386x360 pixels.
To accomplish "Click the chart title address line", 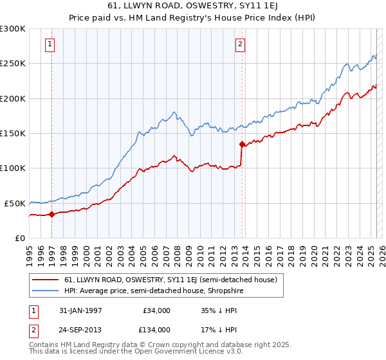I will (193, 6).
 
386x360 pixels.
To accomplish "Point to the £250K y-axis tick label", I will (13, 64).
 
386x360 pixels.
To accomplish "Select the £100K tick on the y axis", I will (13, 168).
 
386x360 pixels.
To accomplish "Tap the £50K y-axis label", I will (15, 203).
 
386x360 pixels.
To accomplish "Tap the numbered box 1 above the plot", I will (50, 44).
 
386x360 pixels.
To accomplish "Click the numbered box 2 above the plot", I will (240, 44).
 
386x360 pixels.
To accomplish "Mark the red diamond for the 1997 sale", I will (52, 215).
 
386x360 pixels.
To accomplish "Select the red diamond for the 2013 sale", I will (242, 145).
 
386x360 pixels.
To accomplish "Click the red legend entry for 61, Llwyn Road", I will (170, 280).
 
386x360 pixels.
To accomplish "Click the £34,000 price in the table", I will (156, 310).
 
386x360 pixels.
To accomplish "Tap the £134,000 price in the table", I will (156, 329).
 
